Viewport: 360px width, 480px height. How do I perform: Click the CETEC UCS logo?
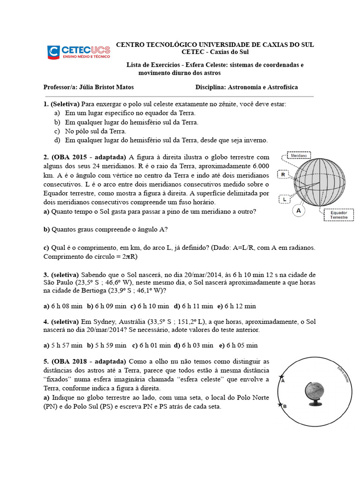(78, 52)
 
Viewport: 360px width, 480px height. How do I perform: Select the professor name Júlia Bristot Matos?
(110, 87)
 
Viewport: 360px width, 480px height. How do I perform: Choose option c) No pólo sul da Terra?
(96, 131)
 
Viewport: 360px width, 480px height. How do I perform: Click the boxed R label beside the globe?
(283, 175)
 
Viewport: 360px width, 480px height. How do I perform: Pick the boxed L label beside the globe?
(285, 200)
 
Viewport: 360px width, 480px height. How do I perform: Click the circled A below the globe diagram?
(298, 211)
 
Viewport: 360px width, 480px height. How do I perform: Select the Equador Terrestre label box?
(338, 215)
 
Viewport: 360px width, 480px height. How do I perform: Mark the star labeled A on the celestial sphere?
(281, 377)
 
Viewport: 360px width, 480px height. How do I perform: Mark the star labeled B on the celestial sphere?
(280, 405)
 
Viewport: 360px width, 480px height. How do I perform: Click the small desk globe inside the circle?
(314, 393)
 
